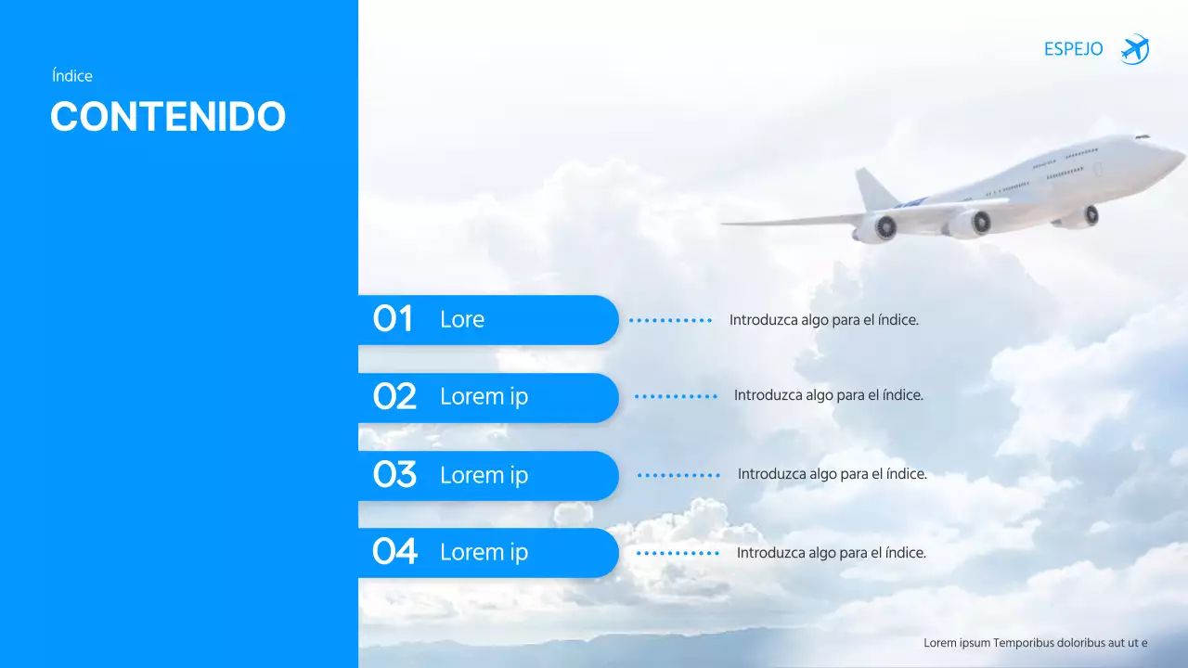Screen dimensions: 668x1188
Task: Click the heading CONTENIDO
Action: click(168, 117)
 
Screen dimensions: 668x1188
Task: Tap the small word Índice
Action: click(72, 76)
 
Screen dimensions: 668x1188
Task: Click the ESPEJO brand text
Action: click(1073, 49)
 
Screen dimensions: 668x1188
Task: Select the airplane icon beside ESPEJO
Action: click(1134, 49)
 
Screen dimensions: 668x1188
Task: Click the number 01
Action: click(393, 319)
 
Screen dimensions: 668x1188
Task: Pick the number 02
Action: click(394, 397)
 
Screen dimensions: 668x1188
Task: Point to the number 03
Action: click(394, 475)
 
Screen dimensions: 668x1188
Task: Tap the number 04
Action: click(394, 552)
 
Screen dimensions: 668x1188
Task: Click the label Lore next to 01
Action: click(462, 319)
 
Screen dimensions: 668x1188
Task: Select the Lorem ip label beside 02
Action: click(484, 397)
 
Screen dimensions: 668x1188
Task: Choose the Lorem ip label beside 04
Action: click(484, 552)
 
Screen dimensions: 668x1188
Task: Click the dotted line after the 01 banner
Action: click(670, 320)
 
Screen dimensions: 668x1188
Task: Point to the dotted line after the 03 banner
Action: click(678, 475)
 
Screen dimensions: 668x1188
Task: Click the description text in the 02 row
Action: click(828, 395)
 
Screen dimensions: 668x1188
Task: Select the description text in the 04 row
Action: click(831, 553)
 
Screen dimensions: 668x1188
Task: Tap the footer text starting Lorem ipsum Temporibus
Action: click(1035, 642)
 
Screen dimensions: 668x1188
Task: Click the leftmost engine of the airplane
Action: click(877, 227)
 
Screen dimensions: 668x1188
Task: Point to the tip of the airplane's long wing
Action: click(727, 224)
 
